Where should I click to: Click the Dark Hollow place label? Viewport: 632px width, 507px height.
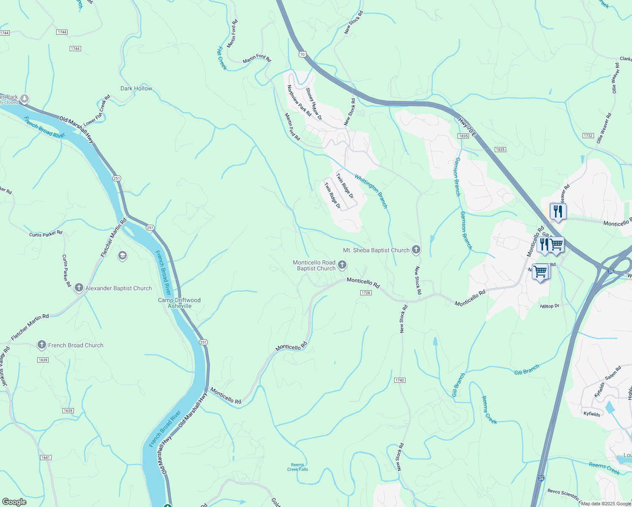pyautogui.click(x=136, y=88)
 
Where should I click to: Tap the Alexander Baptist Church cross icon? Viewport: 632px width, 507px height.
pyautogui.click(x=79, y=288)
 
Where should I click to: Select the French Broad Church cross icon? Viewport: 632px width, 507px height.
pyautogui.click(x=41, y=345)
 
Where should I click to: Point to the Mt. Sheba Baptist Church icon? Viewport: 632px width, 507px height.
pyautogui.click(x=416, y=250)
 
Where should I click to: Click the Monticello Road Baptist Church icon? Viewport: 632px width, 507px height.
pyautogui.click(x=343, y=265)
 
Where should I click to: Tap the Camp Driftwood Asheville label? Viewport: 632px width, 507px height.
pyautogui.click(x=180, y=303)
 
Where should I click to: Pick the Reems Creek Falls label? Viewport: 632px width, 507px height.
pyautogui.click(x=297, y=467)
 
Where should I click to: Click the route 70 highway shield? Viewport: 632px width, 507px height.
pyautogui.click(x=302, y=54)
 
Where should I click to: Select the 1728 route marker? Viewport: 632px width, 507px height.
pyautogui.click(x=366, y=293)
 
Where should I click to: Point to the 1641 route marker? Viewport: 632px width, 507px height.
pyautogui.click(x=46, y=458)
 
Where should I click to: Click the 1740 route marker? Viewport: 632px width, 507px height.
pyautogui.click(x=400, y=380)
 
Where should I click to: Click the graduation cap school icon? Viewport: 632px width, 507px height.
pyautogui.click(x=123, y=256)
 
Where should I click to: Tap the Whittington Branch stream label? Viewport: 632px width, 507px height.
pyautogui.click(x=370, y=191)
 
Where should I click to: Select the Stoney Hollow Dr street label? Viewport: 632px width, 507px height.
pyautogui.click(x=314, y=104)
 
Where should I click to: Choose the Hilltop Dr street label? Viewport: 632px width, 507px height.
pyautogui.click(x=549, y=306)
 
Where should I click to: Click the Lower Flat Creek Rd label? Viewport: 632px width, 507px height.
pyautogui.click(x=97, y=110)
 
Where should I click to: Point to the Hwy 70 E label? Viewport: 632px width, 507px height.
pyautogui.click(x=467, y=127)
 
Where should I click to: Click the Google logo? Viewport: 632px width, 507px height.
pyautogui.click(x=14, y=502)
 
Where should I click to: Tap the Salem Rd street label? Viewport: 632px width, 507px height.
pyautogui.click(x=613, y=373)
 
